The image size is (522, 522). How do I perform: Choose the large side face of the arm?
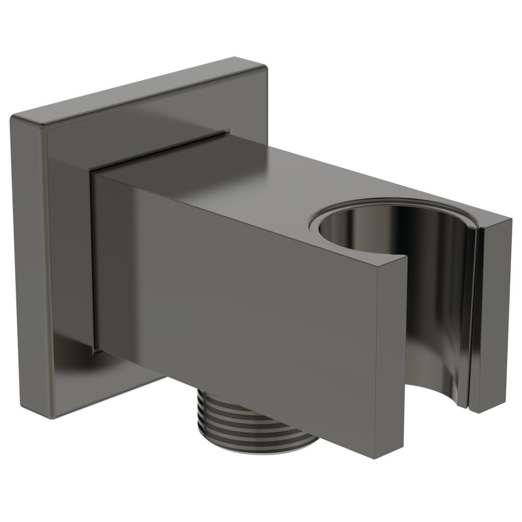[240, 306]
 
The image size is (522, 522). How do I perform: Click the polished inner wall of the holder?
[433, 285]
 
